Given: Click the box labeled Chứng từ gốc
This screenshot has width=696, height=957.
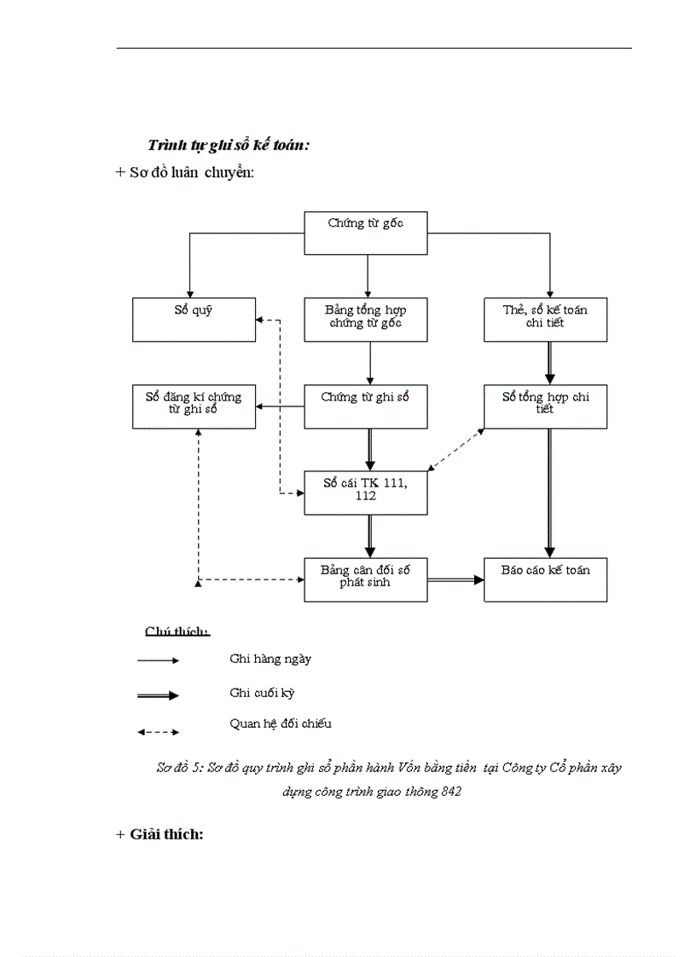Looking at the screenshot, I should (366, 232).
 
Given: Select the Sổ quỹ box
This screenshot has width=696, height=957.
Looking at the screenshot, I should (194, 320).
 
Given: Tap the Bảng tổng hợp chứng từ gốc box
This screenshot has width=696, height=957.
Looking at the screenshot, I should (366, 320).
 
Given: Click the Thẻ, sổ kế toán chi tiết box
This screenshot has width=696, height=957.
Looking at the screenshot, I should (545, 320).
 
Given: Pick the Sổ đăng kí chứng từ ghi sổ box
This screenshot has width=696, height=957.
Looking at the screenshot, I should (194, 406).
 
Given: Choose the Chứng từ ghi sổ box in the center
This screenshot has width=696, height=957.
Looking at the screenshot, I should (366, 406).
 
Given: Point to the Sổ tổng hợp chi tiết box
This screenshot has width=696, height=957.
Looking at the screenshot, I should (545, 406).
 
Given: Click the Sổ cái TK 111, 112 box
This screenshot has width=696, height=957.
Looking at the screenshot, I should (366, 493).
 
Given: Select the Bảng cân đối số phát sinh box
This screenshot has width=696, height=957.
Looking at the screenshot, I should (366, 579).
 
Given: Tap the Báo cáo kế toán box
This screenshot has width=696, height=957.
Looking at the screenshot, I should (545, 579).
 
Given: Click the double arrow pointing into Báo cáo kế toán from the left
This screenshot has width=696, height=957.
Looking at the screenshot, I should (455, 579).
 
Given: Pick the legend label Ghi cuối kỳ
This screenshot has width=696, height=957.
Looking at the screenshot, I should (262, 693).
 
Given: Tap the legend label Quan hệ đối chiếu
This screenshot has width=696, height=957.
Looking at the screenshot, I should (280, 724).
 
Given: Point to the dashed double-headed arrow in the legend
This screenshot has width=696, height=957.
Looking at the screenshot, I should (158, 731).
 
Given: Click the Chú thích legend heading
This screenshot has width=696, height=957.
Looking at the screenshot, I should (177, 631).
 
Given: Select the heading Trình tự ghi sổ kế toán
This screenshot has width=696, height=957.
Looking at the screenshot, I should (228, 145).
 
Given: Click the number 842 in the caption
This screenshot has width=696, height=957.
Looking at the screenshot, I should (451, 791).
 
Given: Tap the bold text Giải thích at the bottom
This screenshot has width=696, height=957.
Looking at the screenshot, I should (166, 833).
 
